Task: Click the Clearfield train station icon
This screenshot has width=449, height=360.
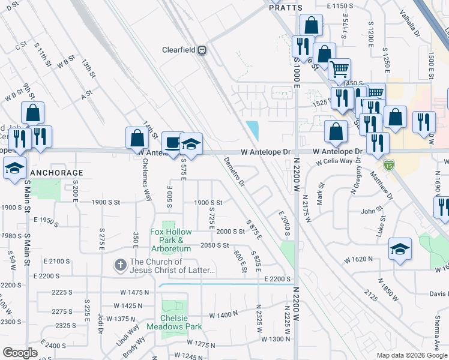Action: click(203, 50)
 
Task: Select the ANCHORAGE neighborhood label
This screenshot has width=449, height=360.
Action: click(56, 173)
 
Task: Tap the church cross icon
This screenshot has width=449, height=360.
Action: click(120, 265)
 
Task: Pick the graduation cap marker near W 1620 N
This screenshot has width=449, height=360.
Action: click(400, 248)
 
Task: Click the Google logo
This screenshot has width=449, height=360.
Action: click(20, 353)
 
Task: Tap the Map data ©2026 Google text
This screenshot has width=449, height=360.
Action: click(411, 355)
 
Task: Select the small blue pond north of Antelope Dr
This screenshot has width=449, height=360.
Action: click(253, 129)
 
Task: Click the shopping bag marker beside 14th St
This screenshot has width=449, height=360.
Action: click(137, 138)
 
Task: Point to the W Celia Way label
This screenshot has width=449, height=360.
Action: click(334, 161)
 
